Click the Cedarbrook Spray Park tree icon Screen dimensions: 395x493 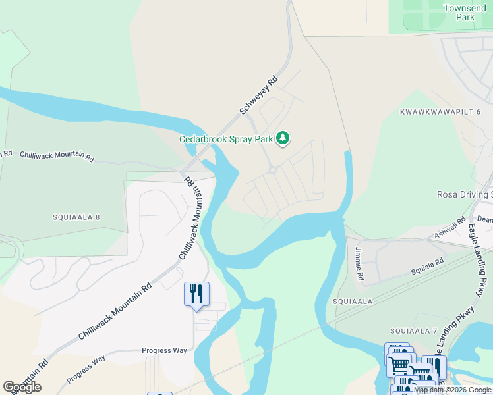pyautogui.click(x=283, y=138)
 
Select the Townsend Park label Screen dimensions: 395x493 pyautogui.click(x=459, y=13)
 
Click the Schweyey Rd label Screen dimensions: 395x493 pyautogui.click(x=259, y=95)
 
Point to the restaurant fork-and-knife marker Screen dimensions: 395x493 pyautogui.click(x=196, y=294)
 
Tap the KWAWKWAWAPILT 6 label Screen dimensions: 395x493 pyautogui.click(x=440, y=112)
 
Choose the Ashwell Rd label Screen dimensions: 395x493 pyautogui.click(x=449, y=225)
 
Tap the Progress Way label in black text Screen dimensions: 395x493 pyautogui.click(x=165, y=350)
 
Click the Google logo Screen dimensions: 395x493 pyautogui.click(x=22, y=387)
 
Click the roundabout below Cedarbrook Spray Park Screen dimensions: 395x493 pyautogui.click(x=272, y=171)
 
